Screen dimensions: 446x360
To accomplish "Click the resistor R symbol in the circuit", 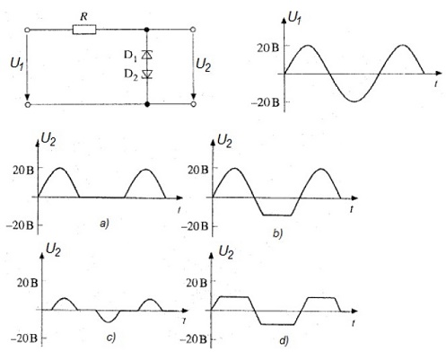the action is click(x=84, y=30).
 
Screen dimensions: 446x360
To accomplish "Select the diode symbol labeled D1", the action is click(x=147, y=55).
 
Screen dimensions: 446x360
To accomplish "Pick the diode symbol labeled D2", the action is click(x=147, y=74).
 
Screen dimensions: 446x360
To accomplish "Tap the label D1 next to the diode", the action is click(x=130, y=56).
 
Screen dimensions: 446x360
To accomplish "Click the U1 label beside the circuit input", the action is click(x=17, y=64).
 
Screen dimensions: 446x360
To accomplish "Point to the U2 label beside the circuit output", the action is click(x=203, y=65).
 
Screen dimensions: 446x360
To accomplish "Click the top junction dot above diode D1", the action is click(x=146, y=30).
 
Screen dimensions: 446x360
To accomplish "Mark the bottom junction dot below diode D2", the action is click(x=147, y=104).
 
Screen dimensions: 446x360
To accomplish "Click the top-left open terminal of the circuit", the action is click(x=27, y=30).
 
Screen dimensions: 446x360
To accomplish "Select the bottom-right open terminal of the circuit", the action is click(x=194, y=104).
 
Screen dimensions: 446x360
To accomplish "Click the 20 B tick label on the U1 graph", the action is click(x=268, y=48).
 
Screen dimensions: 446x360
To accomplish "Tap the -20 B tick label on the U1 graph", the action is click(x=266, y=102).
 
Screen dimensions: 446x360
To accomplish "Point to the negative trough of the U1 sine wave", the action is click(x=354, y=101).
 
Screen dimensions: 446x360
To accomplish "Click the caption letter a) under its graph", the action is click(x=105, y=224).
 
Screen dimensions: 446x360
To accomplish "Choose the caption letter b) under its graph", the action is click(x=278, y=233).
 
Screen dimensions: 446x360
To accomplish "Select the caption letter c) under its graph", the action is click(x=111, y=338).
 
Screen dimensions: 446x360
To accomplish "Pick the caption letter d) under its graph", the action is click(x=284, y=340).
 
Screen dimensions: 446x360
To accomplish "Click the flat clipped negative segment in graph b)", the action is click(x=276, y=215).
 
